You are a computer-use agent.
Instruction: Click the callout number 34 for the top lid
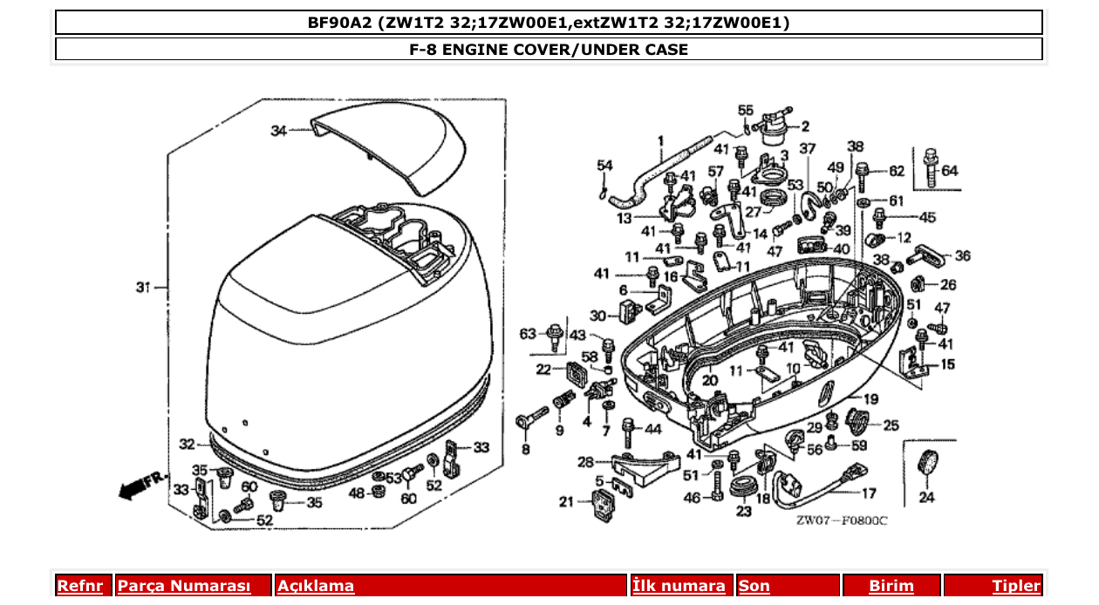tap(278, 131)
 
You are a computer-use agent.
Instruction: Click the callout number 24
tap(925, 499)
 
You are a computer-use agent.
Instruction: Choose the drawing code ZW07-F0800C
tap(841, 520)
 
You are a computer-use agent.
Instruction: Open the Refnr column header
tap(79, 586)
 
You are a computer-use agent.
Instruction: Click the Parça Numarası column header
tap(184, 586)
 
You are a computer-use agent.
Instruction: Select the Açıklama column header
tap(316, 586)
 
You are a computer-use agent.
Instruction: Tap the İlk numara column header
tap(679, 586)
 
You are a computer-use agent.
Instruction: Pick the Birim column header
tap(891, 586)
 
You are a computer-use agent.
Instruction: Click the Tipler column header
tap(1016, 586)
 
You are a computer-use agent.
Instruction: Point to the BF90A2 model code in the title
tap(339, 23)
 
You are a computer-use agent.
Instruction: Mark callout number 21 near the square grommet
tap(567, 501)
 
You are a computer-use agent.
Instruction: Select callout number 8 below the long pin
tap(525, 450)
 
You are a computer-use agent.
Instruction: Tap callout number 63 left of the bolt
tap(528, 334)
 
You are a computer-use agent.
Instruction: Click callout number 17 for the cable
tap(869, 493)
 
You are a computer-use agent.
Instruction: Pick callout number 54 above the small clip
tap(605, 166)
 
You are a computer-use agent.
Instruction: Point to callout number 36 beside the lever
tap(962, 256)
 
